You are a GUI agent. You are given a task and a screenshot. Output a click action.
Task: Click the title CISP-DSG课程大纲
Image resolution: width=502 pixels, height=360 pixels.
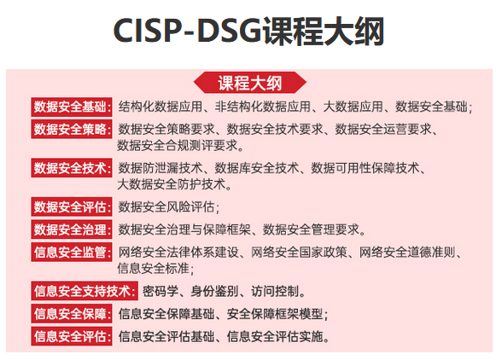coord(250,32)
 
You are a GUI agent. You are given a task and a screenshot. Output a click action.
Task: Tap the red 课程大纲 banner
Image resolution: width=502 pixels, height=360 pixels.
coord(250,83)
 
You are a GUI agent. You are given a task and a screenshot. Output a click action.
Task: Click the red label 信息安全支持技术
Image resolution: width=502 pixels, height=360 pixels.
coord(84,291)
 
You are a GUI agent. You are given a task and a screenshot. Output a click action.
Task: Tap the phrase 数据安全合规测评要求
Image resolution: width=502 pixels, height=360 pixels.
coord(176,145)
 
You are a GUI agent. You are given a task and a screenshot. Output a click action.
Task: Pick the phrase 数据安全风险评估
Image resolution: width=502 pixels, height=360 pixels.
coord(166,206)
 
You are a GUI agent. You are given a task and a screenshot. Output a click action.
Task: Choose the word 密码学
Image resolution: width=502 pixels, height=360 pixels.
coord(160,291)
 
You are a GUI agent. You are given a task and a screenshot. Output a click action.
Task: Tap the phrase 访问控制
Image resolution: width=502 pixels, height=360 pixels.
coord(277,291)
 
